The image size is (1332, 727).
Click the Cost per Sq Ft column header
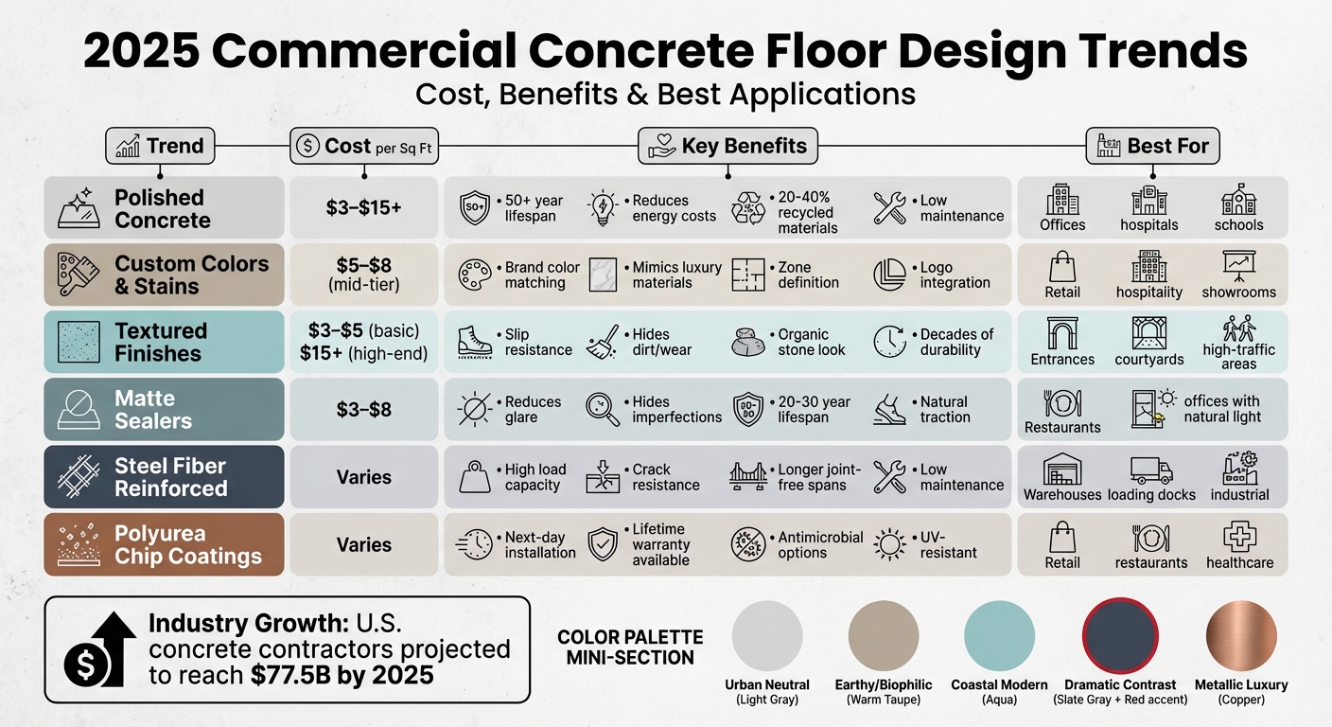[363, 146]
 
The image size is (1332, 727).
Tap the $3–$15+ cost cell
[363, 207]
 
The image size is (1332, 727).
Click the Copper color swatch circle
[1240, 636]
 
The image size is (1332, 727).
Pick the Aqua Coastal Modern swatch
[999, 636]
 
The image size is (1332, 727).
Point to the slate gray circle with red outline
[1120, 636]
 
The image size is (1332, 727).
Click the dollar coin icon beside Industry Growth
[84, 667]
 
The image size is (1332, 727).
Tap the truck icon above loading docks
[1151, 471]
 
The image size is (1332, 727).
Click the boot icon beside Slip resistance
[474, 342]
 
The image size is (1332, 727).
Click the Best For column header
[1152, 146]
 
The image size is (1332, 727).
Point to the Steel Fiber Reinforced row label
[170, 477]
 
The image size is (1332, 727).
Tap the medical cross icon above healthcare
[1239, 538]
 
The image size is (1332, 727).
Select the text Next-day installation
[539, 544]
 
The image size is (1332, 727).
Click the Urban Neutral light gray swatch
[767, 636]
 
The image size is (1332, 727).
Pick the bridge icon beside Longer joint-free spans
[747, 476]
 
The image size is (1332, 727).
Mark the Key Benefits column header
[727, 146]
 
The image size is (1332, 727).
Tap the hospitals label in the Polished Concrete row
[1148, 225]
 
